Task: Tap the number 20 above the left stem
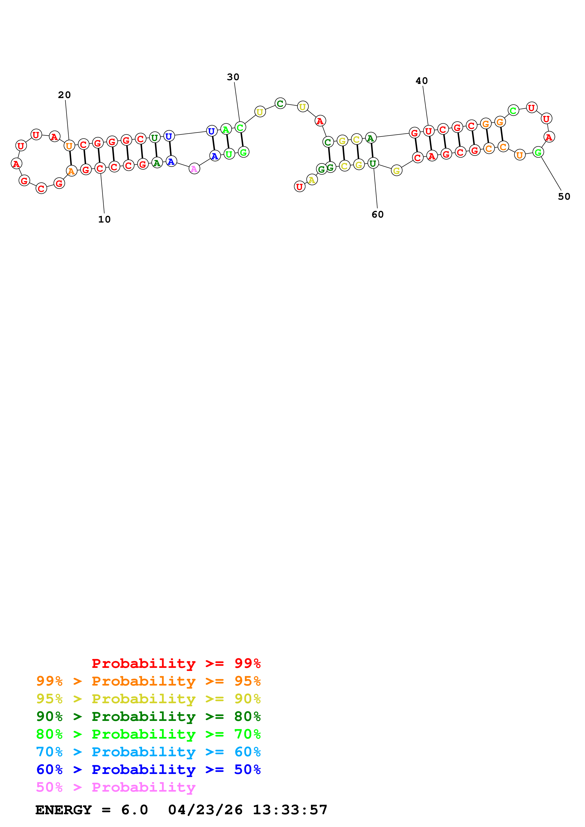[x=64, y=95]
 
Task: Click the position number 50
[x=564, y=196]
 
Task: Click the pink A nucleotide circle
[x=194, y=169]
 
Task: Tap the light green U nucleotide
[x=229, y=154]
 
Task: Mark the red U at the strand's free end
[x=299, y=186]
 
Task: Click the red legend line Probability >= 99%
[x=176, y=663]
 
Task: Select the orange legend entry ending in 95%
[x=148, y=681]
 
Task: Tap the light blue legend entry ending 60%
[x=148, y=752]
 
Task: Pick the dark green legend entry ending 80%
[x=148, y=716]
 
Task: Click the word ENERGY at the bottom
[x=63, y=810]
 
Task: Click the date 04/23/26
[x=205, y=810]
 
